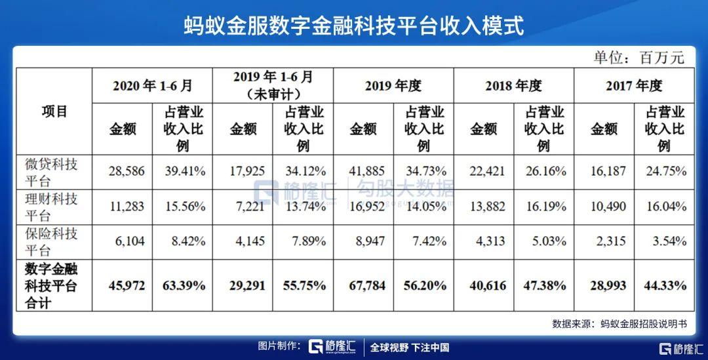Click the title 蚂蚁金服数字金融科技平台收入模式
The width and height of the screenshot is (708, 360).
point(353,27)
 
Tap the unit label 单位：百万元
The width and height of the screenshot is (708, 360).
point(639,58)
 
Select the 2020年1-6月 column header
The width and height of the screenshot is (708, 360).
point(153,85)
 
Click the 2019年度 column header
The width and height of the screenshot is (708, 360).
point(393,85)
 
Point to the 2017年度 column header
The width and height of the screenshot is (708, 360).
point(635,85)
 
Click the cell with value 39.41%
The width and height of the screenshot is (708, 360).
point(184,172)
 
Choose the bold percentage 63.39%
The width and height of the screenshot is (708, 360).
point(183,286)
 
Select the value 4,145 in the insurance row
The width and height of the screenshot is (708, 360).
point(246,241)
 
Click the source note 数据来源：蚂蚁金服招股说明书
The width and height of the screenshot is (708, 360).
point(619,323)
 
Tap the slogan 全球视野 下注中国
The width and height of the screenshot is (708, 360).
point(410,348)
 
